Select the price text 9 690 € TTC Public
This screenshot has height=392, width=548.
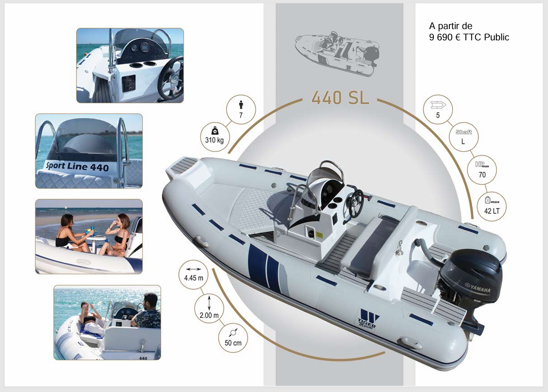(469, 38)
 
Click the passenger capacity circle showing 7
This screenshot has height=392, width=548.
(241, 110)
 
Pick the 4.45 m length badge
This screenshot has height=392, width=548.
(193, 274)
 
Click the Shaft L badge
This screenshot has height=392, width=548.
(463, 137)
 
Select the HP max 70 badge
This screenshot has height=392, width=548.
(482, 170)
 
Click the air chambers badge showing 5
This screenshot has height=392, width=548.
(438, 109)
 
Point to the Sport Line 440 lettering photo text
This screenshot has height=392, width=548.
(77, 166)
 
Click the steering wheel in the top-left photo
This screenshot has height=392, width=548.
(170, 79)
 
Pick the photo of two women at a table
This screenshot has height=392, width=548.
(89, 236)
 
